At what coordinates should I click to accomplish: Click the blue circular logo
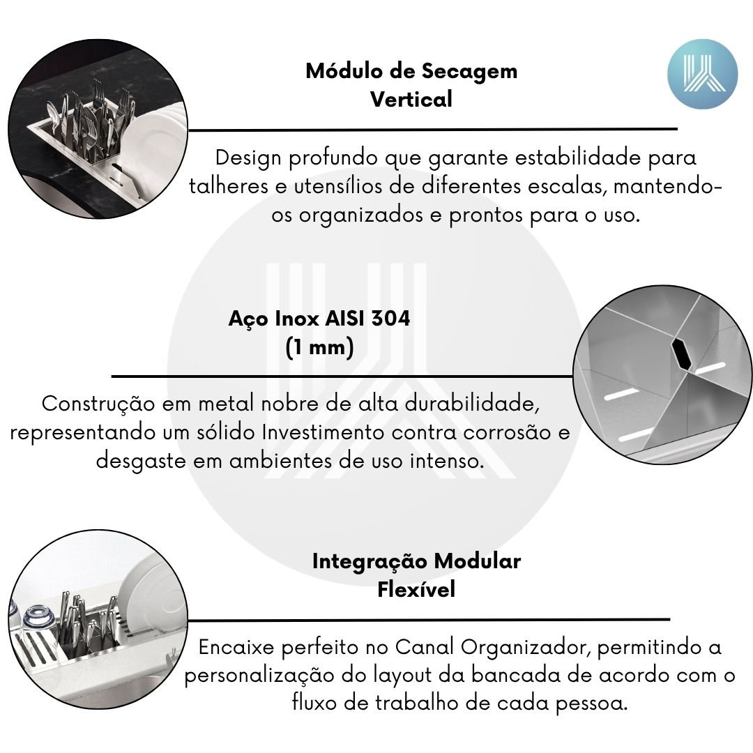[x=702, y=74]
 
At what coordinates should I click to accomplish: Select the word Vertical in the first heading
[x=411, y=100]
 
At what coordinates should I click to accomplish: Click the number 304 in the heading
[x=390, y=319]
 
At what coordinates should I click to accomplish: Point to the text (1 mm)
[x=319, y=347]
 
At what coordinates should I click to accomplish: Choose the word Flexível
[x=416, y=589]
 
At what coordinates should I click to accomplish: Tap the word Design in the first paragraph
[x=248, y=158]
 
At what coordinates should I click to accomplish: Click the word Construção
[x=98, y=404]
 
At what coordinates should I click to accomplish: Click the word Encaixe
[x=236, y=647]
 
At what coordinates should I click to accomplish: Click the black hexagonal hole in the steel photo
[x=681, y=353]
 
